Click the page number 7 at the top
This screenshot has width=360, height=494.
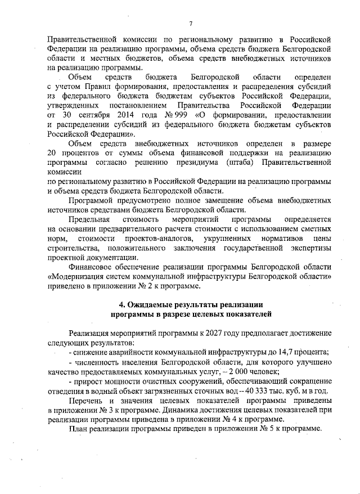(191, 23)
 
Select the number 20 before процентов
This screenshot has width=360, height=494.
(52, 154)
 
